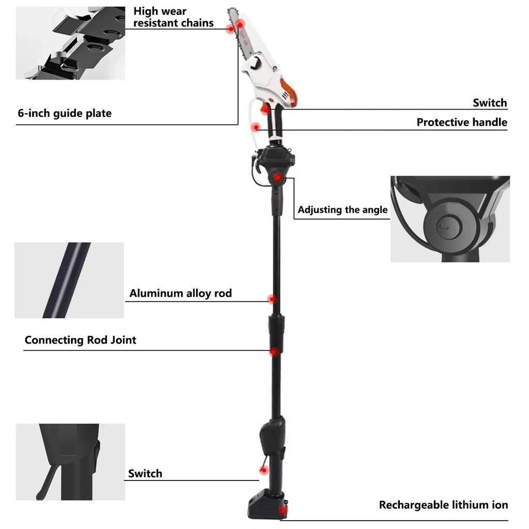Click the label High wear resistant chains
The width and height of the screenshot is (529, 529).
point(173,17)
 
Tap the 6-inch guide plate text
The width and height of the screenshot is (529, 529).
point(65,113)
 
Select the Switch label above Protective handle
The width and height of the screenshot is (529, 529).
point(490,103)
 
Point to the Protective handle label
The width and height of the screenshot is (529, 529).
point(462,122)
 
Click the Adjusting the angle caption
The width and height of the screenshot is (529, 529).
point(343,210)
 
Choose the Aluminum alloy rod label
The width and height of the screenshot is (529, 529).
point(180,293)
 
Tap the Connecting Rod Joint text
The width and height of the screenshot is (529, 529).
point(81,340)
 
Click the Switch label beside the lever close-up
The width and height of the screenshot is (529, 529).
point(145,473)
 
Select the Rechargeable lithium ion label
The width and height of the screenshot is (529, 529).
point(443,505)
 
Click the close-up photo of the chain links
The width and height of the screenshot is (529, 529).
point(70,43)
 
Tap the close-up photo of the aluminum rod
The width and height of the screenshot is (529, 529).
point(69,280)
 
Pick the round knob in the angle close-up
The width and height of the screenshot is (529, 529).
point(444,226)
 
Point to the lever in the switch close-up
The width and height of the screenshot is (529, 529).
point(50,473)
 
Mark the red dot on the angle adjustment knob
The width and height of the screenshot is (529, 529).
point(277,177)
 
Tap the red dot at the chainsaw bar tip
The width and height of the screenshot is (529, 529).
point(240,24)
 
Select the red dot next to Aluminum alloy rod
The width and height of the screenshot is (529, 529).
point(272,299)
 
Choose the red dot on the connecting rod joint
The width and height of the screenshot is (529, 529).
point(274,352)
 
